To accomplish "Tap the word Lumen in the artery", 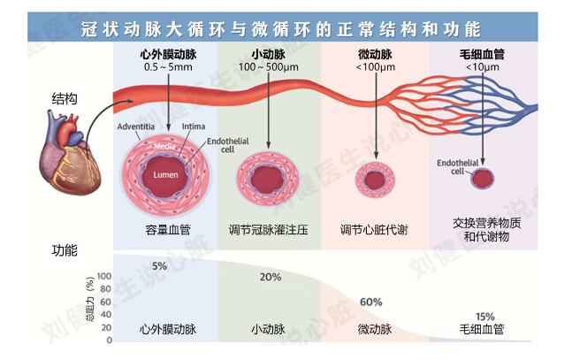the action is click(165, 175).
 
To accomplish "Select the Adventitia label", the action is click(135, 126).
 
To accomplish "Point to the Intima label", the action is click(194, 126).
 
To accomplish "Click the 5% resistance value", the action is click(159, 266).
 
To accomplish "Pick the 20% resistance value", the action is click(271, 277).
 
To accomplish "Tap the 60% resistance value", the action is click(371, 302).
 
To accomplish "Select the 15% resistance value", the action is click(485, 316).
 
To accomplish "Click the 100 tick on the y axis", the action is click(104, 276).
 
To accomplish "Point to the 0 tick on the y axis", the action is click(109, 340).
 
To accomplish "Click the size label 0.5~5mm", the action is click(168, 67).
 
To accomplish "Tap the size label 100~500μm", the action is click(269, 67).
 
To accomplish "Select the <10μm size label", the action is click(482, 67).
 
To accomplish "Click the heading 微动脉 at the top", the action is click(375, 55).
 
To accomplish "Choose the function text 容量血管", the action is click(168, 230).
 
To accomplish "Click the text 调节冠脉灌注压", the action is click(269, 230).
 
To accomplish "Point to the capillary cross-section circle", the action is click(482, 179).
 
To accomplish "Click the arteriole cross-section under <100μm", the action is click(375, 180).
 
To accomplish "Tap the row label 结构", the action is click(65, 98).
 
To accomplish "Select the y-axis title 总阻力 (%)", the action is click(90, 299).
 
